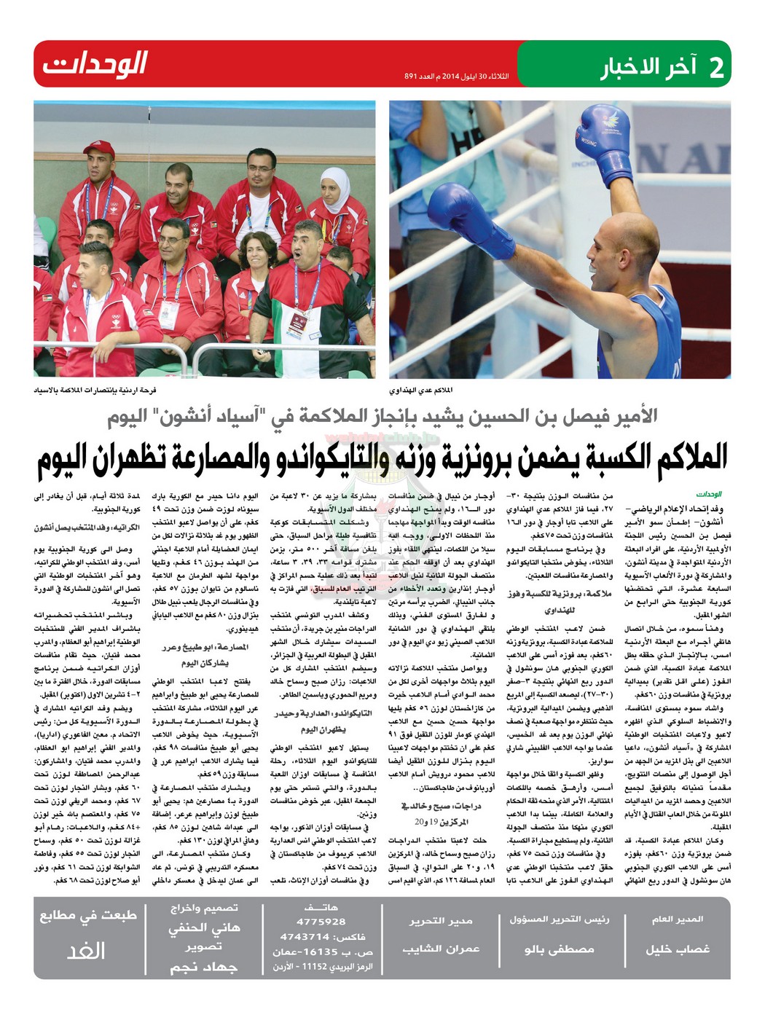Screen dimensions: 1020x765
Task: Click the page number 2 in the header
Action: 717,66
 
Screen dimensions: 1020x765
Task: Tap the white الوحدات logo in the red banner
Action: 95,64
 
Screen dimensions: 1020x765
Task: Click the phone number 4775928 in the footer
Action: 321,922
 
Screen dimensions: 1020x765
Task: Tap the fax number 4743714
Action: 305,937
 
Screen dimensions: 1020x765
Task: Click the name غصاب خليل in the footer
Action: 677,949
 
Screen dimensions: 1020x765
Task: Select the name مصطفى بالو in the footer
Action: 559,949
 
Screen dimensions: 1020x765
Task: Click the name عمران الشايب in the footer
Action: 441,949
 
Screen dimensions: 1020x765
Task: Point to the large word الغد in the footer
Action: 87,951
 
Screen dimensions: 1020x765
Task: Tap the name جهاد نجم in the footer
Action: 204,968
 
